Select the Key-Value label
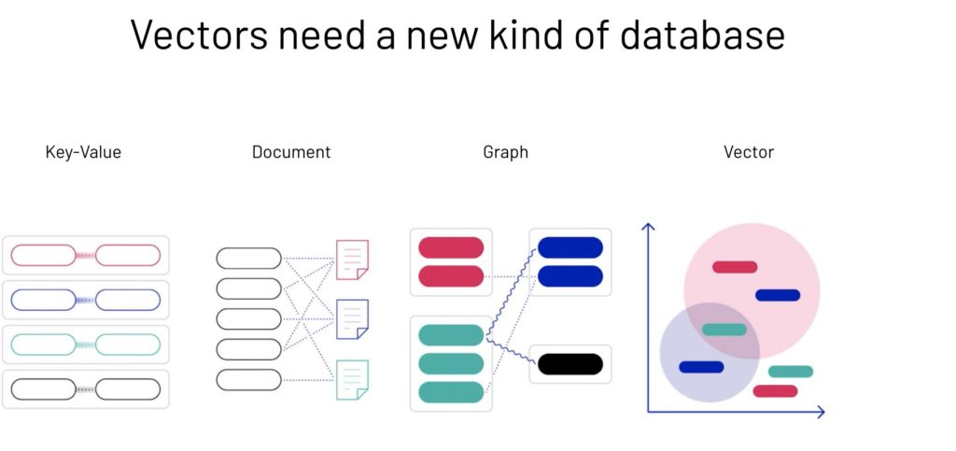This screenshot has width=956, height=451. (83, 151)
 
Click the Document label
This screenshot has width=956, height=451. (291, 151)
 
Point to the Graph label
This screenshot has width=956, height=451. (505, 151)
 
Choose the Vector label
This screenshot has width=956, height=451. (749, 151)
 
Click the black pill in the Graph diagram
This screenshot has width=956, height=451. (570, 364)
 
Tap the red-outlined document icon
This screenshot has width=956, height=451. (352, 260)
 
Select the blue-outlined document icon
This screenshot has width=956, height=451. (352, 319)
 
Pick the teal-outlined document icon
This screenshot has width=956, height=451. (352, 379)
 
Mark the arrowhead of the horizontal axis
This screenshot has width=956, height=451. (822, 411)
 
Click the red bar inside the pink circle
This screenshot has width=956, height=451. (735, 267)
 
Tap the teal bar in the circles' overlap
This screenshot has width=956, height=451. (724, 330)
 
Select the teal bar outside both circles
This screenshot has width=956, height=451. (791, 372)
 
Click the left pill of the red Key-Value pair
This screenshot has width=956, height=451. (43, 255)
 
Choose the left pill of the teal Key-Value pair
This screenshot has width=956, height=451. (43, 345)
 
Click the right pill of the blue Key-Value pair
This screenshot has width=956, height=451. (128, 300)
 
